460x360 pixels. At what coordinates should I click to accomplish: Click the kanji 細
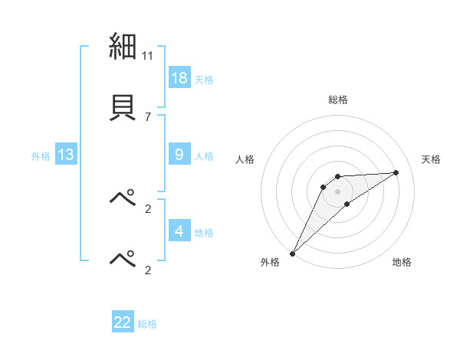coord(123,47)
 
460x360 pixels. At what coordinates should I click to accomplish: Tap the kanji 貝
coord(123,106)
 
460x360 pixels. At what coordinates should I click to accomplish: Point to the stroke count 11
coord(148,56)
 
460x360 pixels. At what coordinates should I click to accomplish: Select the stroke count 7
coord(147,116)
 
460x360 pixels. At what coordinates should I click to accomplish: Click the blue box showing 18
coord(179,77)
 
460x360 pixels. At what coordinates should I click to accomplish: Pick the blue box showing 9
coord(179,155)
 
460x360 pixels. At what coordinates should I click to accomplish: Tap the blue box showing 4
coord(179,231)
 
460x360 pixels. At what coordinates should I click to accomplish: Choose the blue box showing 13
coord(66,155)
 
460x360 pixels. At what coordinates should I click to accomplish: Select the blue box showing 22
coord(123,322)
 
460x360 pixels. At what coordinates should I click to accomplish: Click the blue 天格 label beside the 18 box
coord(204,80)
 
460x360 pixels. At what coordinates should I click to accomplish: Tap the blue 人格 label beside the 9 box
coord(204,156)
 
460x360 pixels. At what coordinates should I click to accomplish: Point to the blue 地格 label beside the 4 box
coord(204,233)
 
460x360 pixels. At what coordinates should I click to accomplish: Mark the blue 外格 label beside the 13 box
coord(41,156)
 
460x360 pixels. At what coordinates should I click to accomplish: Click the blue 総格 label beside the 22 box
coord(147,324)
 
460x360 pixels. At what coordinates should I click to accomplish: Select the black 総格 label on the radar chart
coord(338,100)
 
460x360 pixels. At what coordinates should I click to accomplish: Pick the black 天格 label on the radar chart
coord(432,159)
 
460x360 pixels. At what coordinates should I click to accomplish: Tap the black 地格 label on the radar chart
coord(402,262)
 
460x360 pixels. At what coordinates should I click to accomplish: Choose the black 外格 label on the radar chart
coord(270,262)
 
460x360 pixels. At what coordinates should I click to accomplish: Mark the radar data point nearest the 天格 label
coord(396,172)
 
